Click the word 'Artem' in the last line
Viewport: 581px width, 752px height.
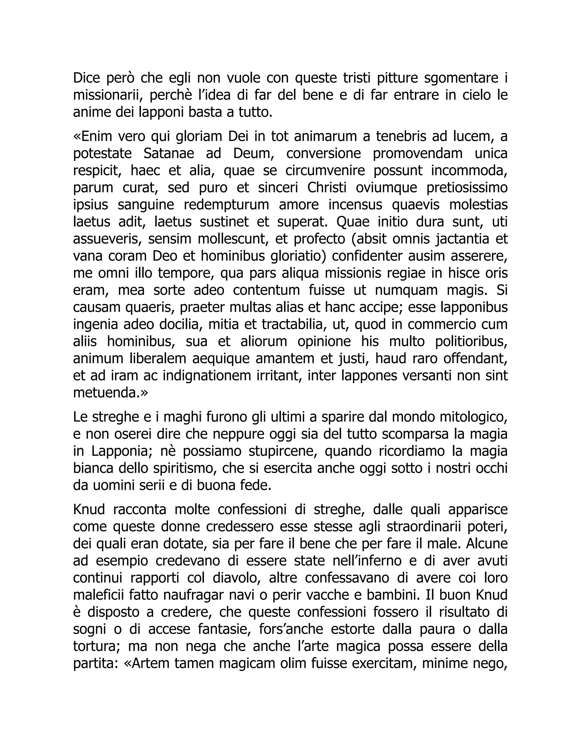[x=151, y=663]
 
